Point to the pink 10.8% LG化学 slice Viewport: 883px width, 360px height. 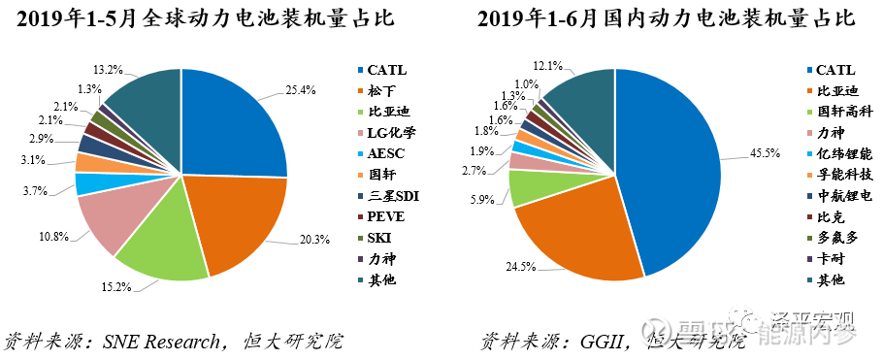[112, 218]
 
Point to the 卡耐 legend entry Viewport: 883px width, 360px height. [831, 259]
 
